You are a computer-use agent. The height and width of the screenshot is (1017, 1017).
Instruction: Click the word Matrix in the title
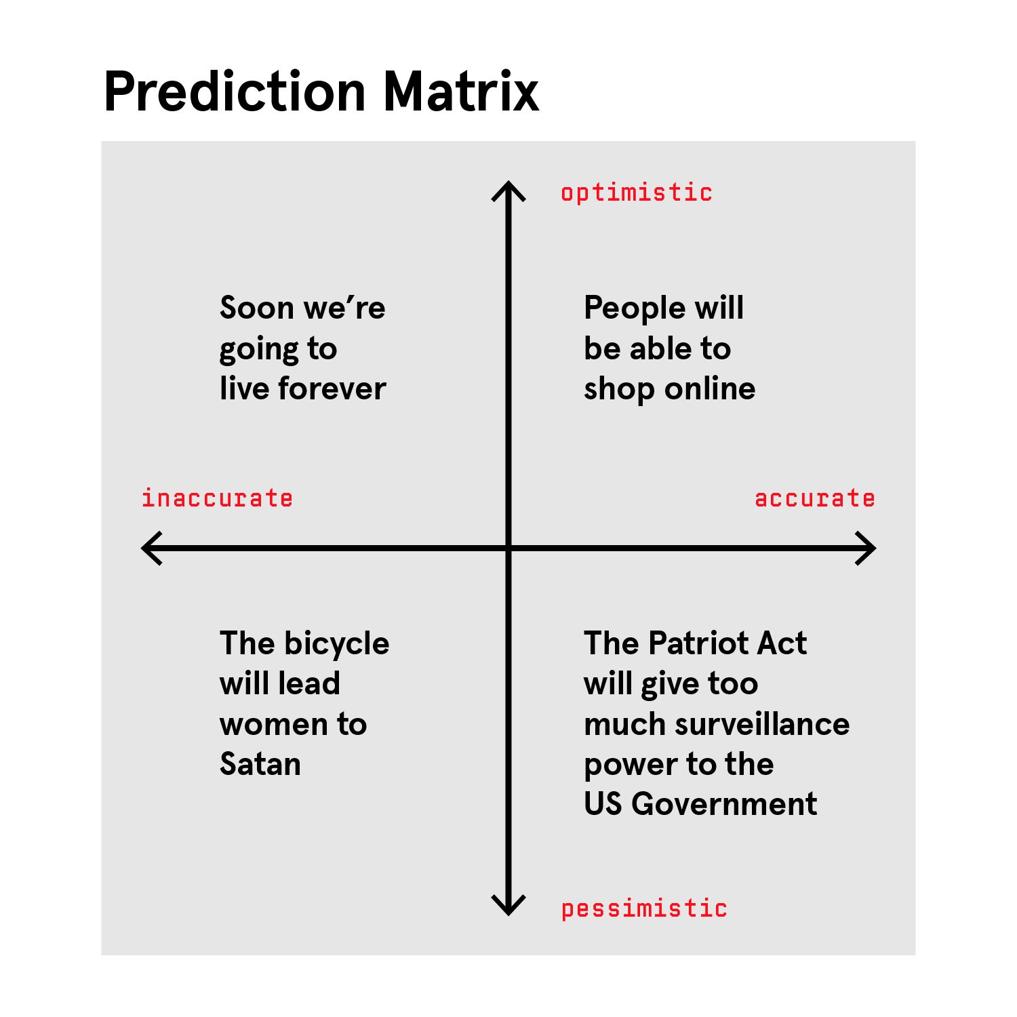coord(461,92)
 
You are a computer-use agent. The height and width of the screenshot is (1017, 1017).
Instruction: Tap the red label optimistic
coord(636,193)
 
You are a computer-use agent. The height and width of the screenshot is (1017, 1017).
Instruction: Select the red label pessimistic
coord(644,909)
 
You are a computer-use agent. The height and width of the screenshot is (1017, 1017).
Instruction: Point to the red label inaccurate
coord(217,498)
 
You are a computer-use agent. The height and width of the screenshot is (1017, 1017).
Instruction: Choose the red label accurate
coord(814,498)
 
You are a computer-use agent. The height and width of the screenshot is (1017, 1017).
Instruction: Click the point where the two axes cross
coord(509,548)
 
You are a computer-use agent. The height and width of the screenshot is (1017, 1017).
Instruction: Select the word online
coord(710,388)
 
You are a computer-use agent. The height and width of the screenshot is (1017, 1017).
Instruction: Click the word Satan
coord(260,764)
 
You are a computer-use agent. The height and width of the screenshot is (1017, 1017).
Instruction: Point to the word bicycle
coord(337,644)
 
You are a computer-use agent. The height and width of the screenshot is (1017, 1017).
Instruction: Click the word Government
coord(724,804)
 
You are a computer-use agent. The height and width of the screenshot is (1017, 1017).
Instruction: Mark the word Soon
coord(256,308)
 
